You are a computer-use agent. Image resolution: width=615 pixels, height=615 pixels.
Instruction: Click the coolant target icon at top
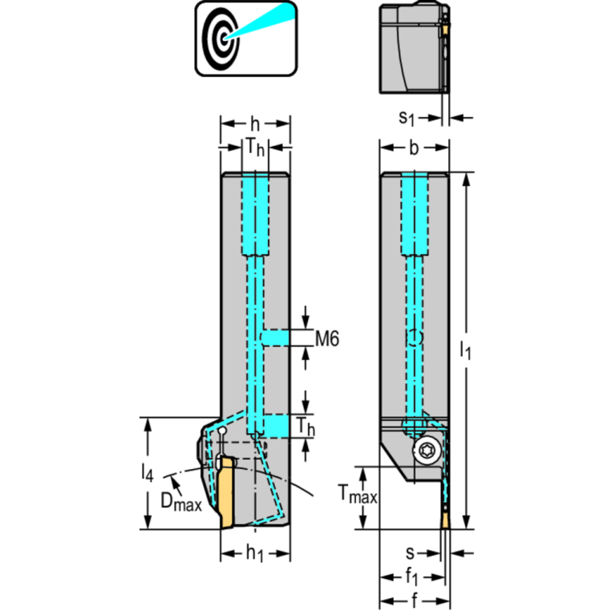tap(245, 38)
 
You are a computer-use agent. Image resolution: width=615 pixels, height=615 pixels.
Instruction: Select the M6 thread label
tap(326, 339)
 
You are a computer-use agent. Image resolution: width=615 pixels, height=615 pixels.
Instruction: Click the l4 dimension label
tap(146, 474)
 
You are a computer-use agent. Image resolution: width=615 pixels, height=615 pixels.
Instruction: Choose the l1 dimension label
tap(466, 350)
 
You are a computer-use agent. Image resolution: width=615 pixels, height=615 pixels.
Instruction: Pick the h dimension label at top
tap(255, 123)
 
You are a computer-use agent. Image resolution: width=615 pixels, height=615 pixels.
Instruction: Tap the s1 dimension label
tap(408, 117)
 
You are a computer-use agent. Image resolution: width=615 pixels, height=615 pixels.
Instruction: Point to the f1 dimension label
tap(411, 576)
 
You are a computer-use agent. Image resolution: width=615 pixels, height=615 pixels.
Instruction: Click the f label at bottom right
tap(415, 600)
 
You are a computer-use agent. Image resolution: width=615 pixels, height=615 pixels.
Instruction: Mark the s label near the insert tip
tap(410, 552)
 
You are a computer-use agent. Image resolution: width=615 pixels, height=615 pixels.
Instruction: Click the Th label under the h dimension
tap(255, 148)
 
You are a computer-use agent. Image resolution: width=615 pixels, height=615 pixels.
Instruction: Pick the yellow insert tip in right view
tap(444, 520)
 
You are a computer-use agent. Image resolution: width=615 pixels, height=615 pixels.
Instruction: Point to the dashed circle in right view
tap(414, 338)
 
